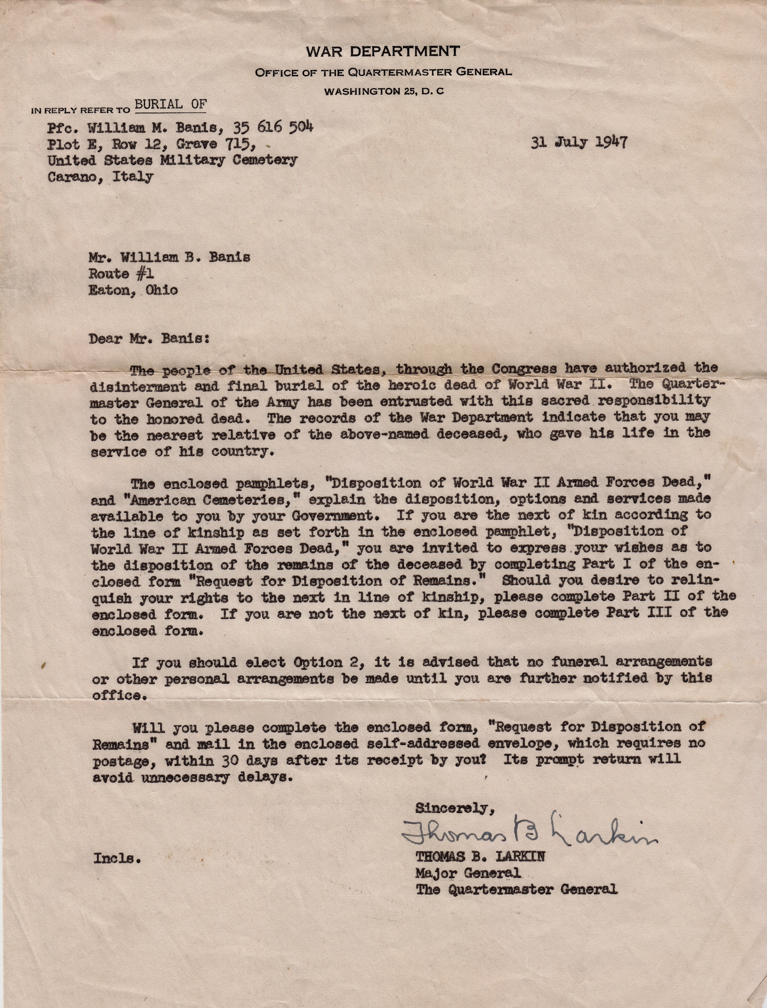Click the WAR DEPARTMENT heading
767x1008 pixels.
[x=383, y=51]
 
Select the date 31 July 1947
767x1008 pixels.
[x=579, y=143]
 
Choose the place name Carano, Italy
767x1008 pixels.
[x=100, y=177]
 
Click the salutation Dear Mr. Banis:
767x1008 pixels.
[x=149, y=339]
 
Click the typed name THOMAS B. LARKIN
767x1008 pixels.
[x=480, y=857]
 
